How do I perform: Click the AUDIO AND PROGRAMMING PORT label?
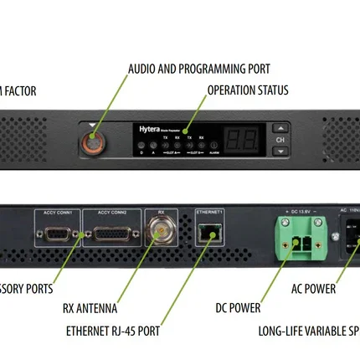click(198, 69)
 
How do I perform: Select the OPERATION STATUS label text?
click(247, 90)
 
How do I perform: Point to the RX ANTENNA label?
click(90, 308)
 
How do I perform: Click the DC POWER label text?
click(239, 308)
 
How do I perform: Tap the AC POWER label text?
click(313, 289)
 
